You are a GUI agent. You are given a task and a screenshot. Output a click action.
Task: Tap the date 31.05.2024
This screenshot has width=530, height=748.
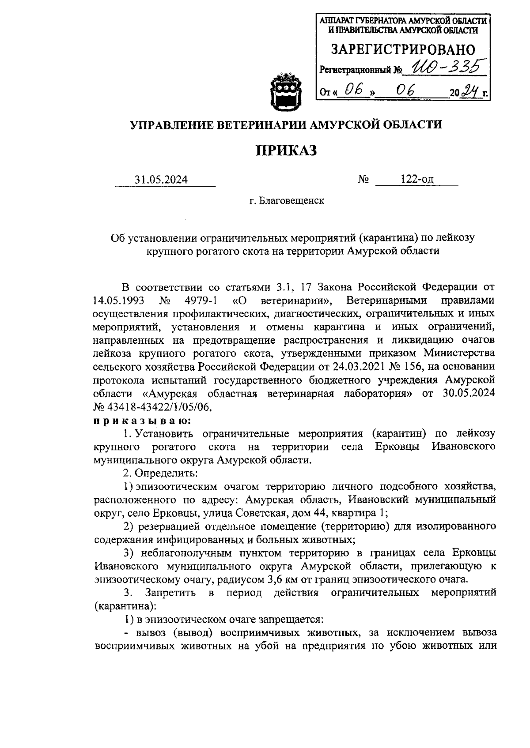[x=161, y=180]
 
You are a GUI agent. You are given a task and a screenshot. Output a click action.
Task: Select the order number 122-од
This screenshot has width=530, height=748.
[x=417, y=179]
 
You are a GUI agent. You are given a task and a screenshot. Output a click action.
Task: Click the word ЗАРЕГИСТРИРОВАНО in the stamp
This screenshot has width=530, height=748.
[x=403, y=49]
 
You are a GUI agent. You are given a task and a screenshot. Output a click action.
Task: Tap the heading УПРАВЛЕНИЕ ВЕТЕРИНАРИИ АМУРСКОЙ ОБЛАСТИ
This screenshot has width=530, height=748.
[x=286, y=125]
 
